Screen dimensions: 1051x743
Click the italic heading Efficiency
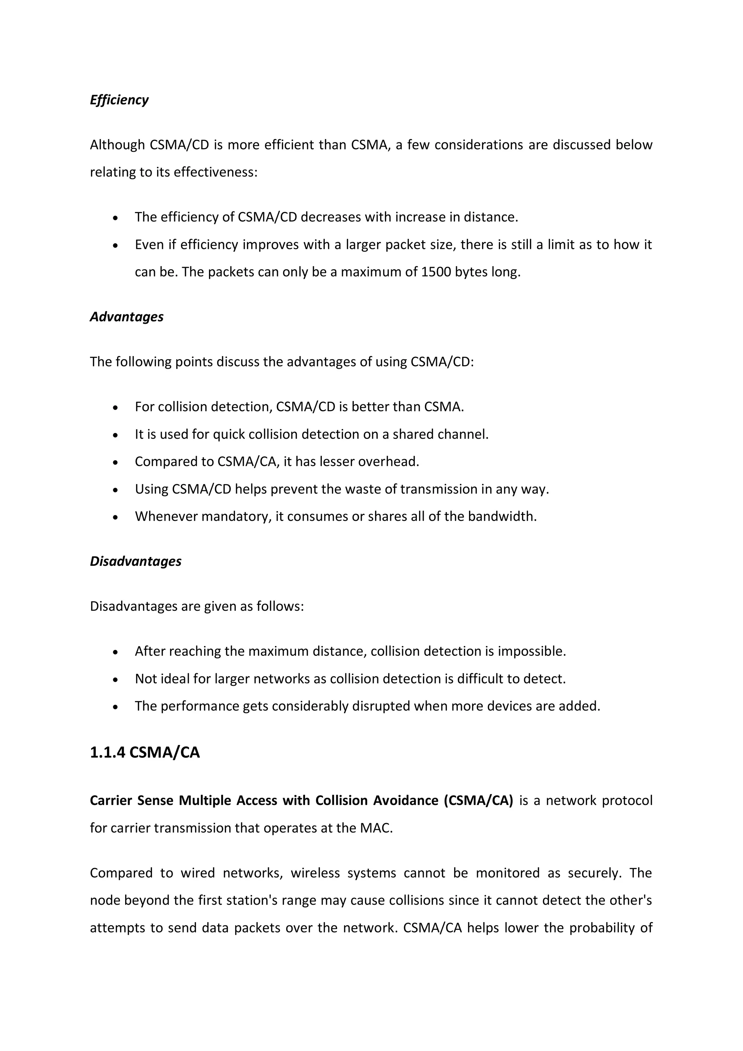tap(119, 100)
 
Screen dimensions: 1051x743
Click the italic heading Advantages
tap(126, 317)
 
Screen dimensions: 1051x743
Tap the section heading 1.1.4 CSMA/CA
tap(145, 753)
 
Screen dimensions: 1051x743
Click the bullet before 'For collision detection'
tap(116, 408)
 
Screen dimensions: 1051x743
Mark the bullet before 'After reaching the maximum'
tap(116, 652)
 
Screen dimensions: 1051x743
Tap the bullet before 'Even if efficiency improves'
tap(116, 246)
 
